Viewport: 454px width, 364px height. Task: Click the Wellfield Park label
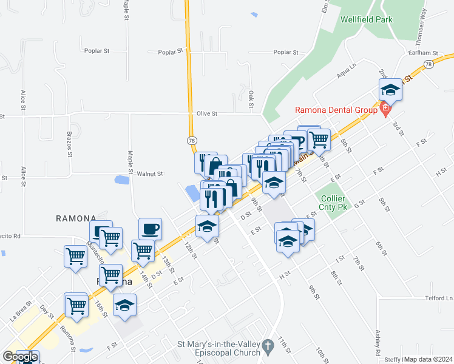366,19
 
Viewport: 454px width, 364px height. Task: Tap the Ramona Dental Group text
336,110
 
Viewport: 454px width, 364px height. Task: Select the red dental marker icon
385,110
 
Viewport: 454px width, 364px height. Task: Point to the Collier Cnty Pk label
333,203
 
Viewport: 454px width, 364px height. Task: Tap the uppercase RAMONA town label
76,218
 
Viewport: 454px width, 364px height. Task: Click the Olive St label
206,113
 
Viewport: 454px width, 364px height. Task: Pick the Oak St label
251,98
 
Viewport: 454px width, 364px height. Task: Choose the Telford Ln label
440,298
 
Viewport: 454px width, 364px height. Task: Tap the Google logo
19,357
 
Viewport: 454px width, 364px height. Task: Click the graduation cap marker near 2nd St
390,91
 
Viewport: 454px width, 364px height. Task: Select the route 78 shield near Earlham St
429,64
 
